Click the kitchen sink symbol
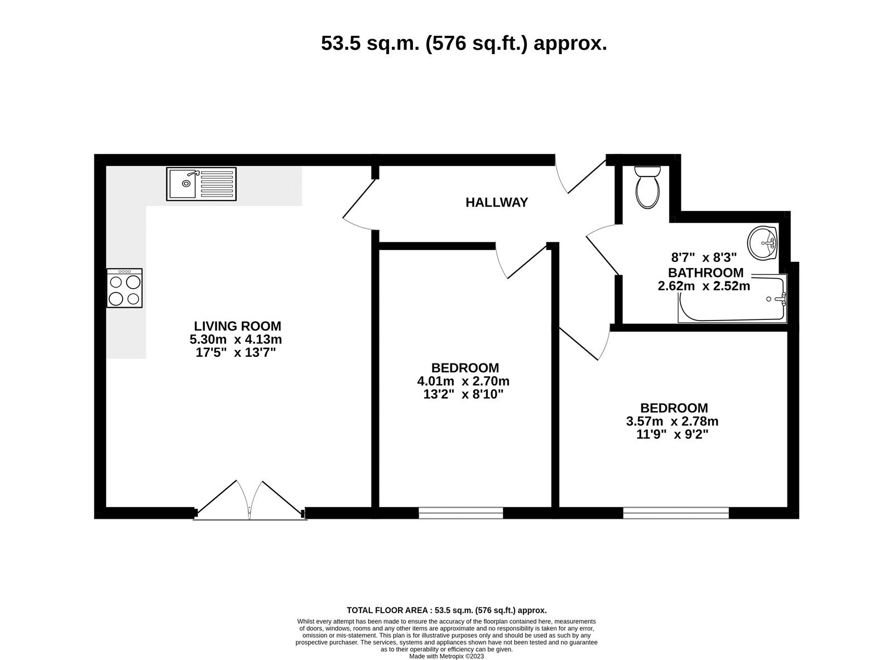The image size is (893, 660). click(201, 184)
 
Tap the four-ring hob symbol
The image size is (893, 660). click(124, 288)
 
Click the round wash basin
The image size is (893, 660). click(763, 243)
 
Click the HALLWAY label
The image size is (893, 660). click(497, 203)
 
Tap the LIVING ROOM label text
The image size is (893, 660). click(238, 326)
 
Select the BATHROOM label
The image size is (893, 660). click(705, 273)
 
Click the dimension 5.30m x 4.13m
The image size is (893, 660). click(236, 339)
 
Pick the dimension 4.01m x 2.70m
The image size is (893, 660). click(463, 381)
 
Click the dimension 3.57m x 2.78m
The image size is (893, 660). click(673, 422)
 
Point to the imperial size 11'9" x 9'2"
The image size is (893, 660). click(673, 435)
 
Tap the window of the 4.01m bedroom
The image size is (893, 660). click(461, 513)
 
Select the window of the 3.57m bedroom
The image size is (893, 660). click(676, 513)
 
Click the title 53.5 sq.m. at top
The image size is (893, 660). click(464, 43)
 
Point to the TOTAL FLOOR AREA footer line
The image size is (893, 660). click(446, 611)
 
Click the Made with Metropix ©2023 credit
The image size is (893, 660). click(446, 657)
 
